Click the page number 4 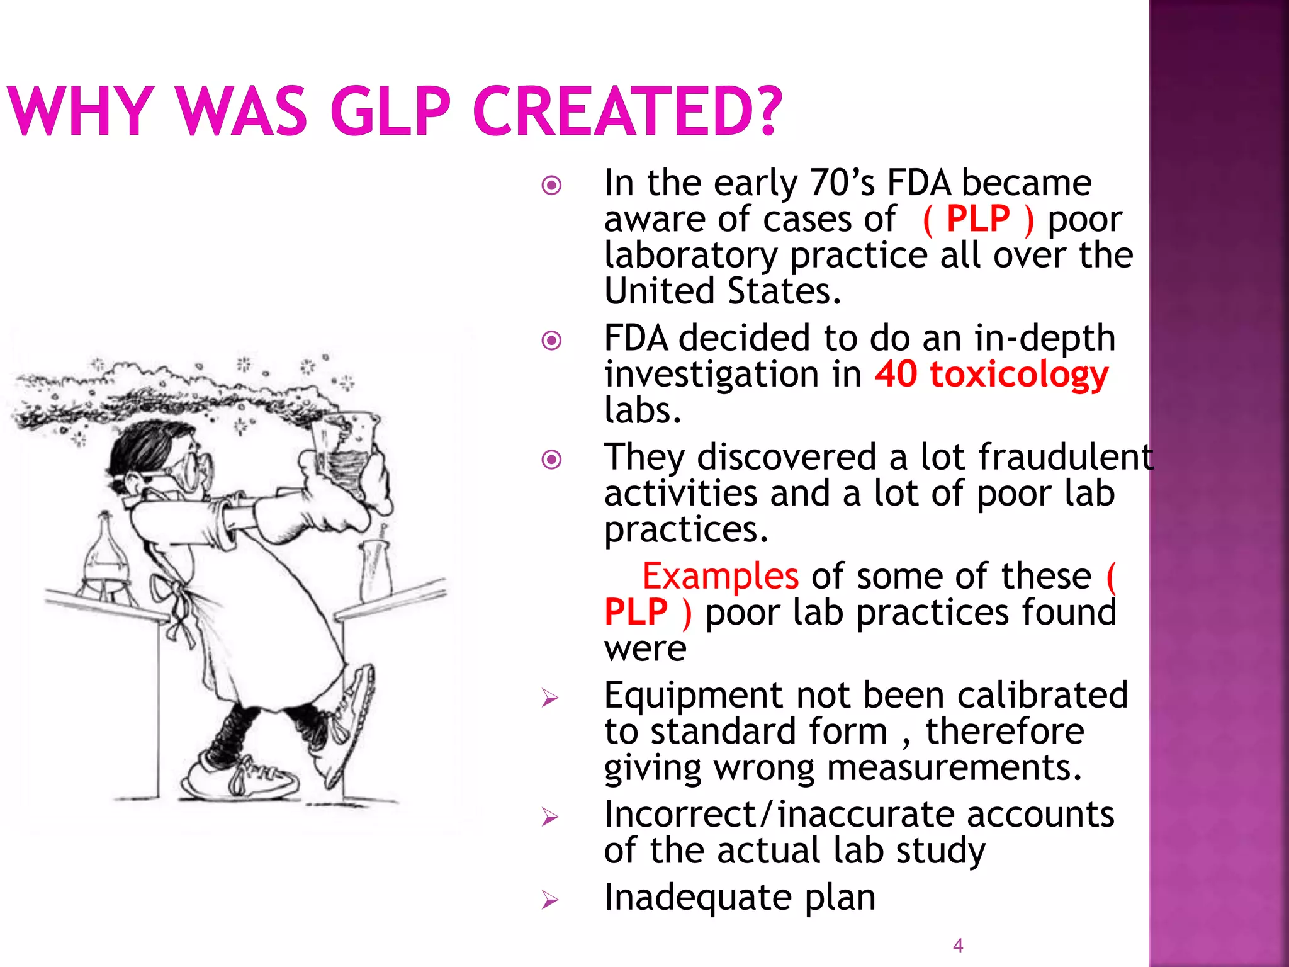pyautogui.click(x=958, y=945)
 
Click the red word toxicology pyautogui.click(x=1019, y=376)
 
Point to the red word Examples pyautogui.click(x=720, y=576)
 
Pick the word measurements pyautogui.click(x=954, y=768)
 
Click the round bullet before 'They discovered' pyautogui.click(x=551, y=460)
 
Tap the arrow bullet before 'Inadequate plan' pyautogui.click(x=549, y=900)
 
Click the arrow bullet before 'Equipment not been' pyautogui.click(x=549, y=698)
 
